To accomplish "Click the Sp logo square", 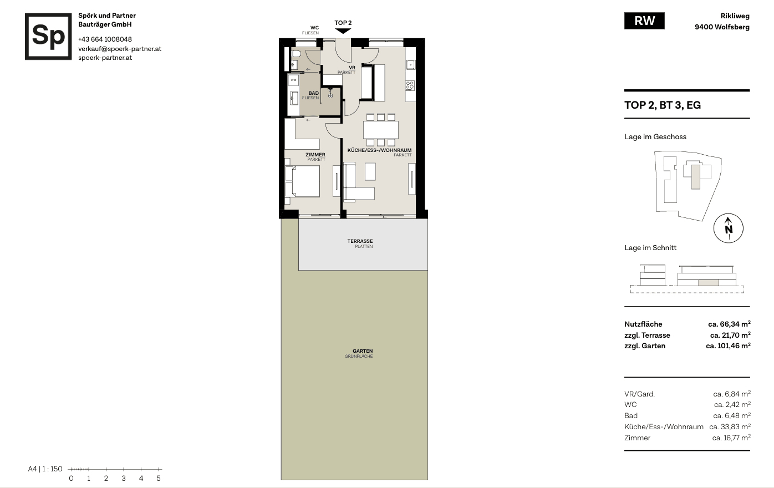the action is (48, 36).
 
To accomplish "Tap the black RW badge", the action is (644, 21).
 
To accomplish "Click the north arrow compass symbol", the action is (729, 228).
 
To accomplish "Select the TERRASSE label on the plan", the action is (360, 241).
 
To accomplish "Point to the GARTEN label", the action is (363, 351).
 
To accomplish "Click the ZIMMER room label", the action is (315, 155).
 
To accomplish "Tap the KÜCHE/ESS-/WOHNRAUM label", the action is (379, 150).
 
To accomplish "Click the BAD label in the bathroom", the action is (314, 93).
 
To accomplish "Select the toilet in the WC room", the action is (296, 54).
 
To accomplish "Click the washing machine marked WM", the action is (293, 80).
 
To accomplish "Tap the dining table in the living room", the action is (381, 130).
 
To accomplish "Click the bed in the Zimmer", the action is (302, 181).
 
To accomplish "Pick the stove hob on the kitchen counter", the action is (410, 85).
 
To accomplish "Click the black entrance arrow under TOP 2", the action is (343, 31).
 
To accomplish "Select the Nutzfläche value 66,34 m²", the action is (729, 324).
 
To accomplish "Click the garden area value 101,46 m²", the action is (728, 345).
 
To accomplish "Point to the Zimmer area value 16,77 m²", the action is (731, 438).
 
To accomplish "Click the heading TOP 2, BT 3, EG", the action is (663, 105).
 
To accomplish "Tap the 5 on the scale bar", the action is (159, 479).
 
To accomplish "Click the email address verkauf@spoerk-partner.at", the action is (120, 49).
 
